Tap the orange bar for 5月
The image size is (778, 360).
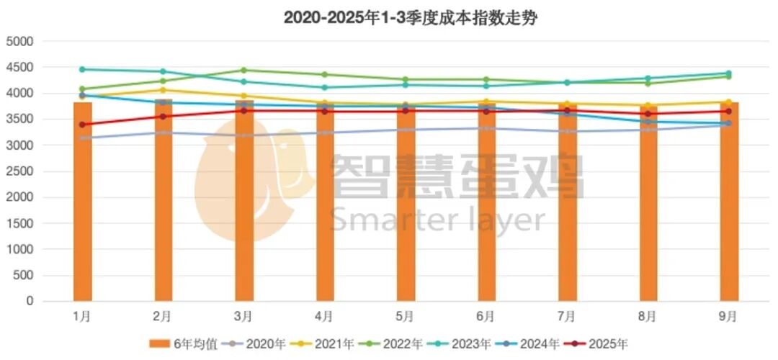[406, 209]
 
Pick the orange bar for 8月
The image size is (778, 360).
[648, 209]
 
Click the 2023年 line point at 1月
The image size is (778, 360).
[82, 70]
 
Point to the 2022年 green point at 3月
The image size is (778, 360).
[243, 71]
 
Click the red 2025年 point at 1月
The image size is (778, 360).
[82, 125]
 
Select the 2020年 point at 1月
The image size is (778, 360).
[82, 138]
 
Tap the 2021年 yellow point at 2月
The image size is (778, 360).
[163, 90]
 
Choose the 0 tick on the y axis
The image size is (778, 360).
[30, 302]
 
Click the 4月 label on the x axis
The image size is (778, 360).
[324, 316]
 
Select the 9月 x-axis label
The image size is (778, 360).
[728, 316]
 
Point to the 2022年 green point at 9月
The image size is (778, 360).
[728, 76]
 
